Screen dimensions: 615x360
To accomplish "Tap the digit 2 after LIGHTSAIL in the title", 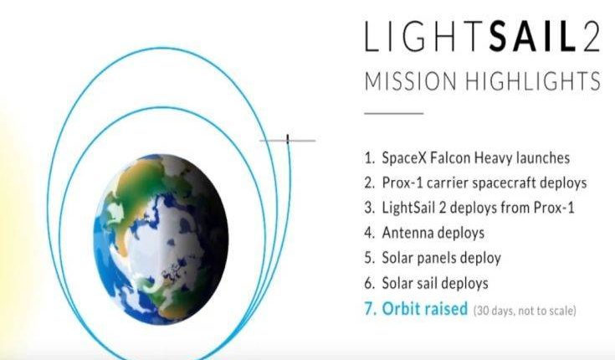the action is click(591, 37).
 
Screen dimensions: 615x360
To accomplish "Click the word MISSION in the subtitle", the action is click(411, 81).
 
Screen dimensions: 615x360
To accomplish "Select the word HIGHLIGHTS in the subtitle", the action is click(533, 81).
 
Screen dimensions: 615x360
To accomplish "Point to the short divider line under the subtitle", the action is click(394, 114).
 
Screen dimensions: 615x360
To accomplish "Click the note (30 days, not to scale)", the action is click(525, 311).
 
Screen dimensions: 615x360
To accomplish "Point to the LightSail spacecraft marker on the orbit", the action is click(288, 140).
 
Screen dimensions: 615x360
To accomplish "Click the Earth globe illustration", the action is click(161, 239).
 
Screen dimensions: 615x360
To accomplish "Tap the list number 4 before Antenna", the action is click(370, 233).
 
